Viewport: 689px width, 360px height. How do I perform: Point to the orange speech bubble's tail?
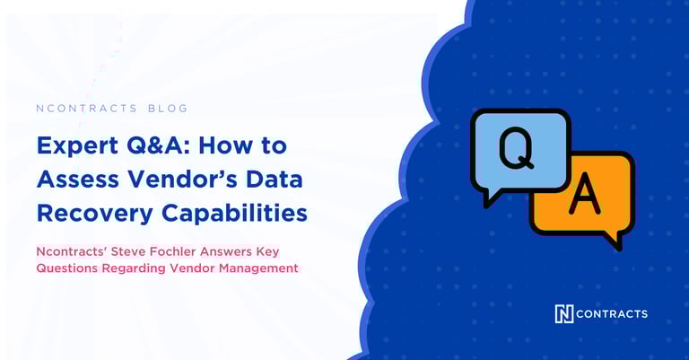pos(613,240)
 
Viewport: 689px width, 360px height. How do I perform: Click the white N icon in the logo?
pos(564,313)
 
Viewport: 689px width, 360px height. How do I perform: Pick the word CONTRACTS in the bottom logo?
pos(613,313)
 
